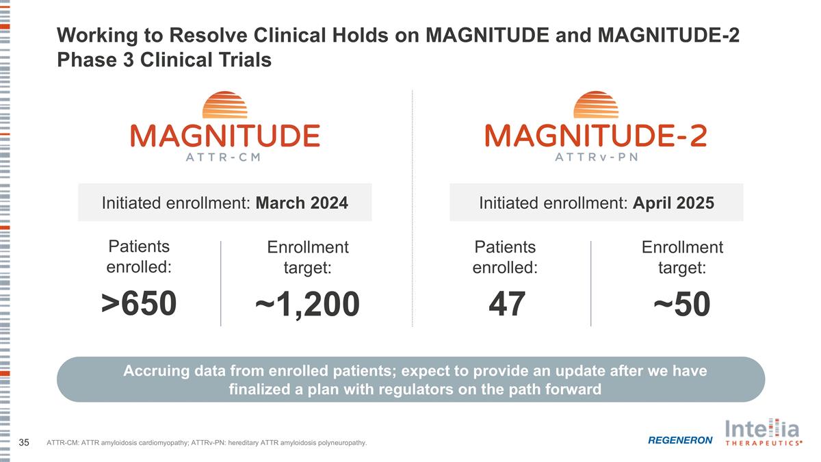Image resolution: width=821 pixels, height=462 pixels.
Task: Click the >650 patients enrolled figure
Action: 139,305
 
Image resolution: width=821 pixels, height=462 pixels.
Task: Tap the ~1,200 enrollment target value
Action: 307,305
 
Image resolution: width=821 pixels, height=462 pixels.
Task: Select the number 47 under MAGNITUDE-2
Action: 507,305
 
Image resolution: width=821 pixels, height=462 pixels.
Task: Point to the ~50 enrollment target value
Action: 681,305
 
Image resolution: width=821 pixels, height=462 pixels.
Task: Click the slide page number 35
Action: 24,443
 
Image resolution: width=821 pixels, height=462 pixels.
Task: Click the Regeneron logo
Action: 679,439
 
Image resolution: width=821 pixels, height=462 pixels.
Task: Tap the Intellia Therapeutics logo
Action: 762,434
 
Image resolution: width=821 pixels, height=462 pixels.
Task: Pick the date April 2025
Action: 673,203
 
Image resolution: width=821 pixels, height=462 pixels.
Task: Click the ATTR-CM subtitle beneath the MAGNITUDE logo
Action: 224,156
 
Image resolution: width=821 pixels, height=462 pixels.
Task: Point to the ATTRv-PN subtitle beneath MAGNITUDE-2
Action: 595,156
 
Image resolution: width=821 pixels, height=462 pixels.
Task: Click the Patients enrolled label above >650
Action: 139,257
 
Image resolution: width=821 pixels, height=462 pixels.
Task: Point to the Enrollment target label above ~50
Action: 681,257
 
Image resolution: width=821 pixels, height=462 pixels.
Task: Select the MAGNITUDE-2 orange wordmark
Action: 595,135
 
